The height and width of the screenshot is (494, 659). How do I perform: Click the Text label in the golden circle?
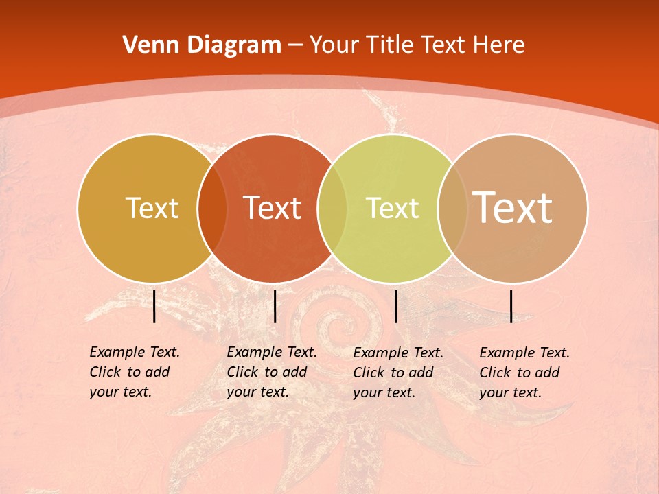tap(152, 208)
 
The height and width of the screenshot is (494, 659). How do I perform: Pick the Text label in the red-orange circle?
tap(273, 208)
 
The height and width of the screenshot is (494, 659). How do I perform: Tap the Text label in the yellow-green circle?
tap(392, 208)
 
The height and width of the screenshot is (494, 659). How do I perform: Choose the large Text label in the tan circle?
tap(513, 208)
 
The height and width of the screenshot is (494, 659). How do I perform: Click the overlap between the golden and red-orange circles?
tap(212, 209)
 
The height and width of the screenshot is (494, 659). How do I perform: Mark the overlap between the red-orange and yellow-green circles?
tap(332, 209)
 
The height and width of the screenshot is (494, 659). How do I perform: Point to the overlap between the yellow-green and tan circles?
tap(452, 209)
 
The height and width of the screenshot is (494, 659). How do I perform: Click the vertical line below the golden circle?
tap(154, 306)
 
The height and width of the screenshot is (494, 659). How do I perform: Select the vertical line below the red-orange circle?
tap(275, 306)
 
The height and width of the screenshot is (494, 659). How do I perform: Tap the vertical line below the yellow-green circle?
tap(395, 306)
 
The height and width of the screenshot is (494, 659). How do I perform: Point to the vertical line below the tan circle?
tap(511, 306)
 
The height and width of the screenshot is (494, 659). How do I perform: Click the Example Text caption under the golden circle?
tap(135, 372)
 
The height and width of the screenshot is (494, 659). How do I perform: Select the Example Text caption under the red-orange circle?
tap(272, 372)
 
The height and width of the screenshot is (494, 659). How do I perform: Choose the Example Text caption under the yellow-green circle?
tap(398, 373)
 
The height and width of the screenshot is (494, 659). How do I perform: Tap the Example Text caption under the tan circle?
tap(524, 373)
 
